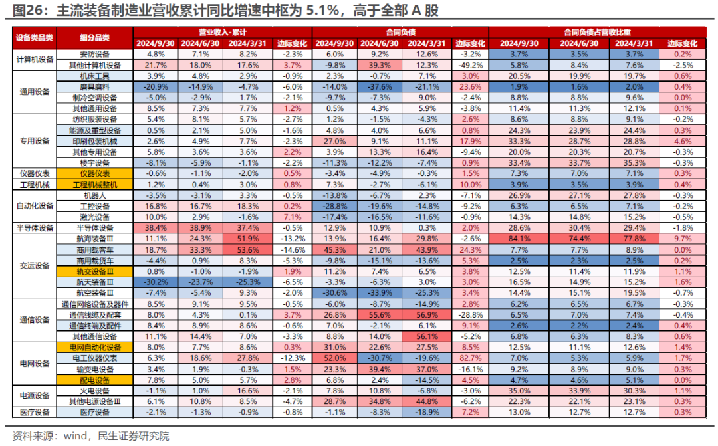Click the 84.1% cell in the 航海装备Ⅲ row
click(515, 238)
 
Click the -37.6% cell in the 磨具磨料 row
click(378, 87)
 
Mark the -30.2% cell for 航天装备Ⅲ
click(155, 282)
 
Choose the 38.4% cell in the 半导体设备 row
click(155, 227)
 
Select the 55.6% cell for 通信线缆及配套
click(378, 314)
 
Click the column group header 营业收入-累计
click(222, 32)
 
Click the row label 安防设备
click(95, 54)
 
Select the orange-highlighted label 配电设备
click(95, 380)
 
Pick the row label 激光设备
click(95, 217)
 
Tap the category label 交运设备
click(34, 265)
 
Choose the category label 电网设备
click(34, 363)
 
